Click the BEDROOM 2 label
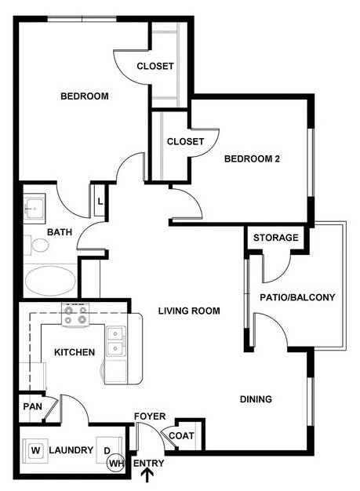253,158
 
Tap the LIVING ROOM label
189,311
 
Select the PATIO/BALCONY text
297,297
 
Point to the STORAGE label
275,238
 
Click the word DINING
256,399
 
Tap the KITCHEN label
75,352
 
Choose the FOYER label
149,416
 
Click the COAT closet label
181,436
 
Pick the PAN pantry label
31,407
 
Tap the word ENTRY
148,464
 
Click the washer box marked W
35,451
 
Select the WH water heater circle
117,464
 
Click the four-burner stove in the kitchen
76,315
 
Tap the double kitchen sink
116,342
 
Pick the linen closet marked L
100,201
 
